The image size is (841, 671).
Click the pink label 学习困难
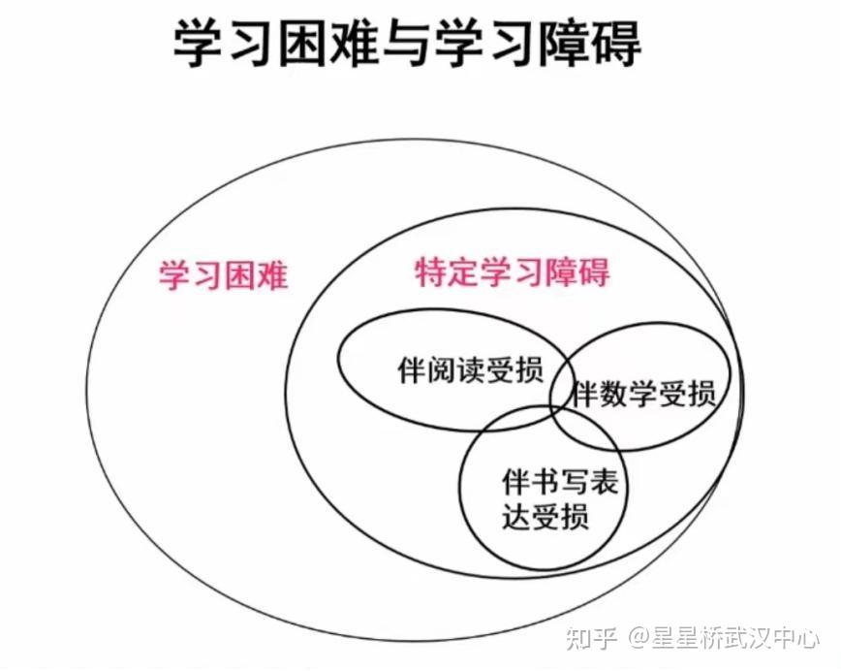click(x=223, y=276)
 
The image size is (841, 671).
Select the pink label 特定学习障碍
click(x=513, y=272)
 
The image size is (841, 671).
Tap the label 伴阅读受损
click(x=470, y=369)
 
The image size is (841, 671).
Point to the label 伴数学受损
click(x=643, y=394)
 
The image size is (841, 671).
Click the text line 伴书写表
click(x=560, y=482)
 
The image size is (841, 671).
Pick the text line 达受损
click(x=545, y=516)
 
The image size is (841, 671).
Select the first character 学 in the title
click(x=198, y=44)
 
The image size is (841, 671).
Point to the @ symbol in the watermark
click(x=639, y=639)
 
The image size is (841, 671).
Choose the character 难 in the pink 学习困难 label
click(x=272, y=276)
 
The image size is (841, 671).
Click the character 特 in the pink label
click(x=431, y=272)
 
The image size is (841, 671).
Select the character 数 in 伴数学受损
click(x=614, y=394)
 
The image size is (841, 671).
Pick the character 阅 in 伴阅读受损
click(x=441, y=369)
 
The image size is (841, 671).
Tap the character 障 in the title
click(x=563, y=44)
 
